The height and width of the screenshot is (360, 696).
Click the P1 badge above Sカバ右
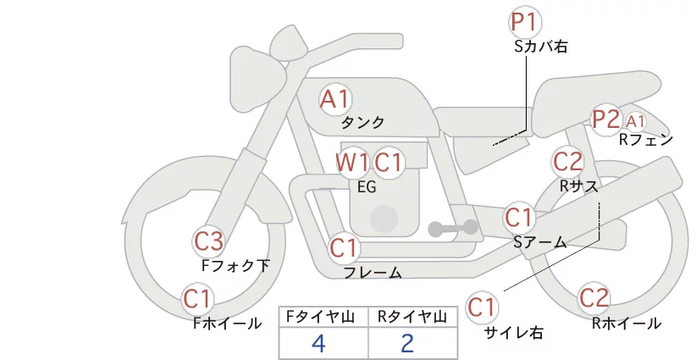click(525, 22)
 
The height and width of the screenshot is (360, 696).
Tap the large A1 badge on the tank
click(335, 99)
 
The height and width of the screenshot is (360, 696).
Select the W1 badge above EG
click(352, 163)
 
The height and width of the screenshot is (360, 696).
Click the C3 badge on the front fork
click(209, 242)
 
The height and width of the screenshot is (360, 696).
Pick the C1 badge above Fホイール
click(197, 299)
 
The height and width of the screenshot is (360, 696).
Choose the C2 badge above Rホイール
click(594, 298)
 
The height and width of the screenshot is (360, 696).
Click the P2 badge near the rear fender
click(606, 119)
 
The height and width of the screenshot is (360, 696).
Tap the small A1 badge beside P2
click(635, 121)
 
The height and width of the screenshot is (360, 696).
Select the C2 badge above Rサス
click(568, 161)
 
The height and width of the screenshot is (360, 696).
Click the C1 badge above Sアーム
click(519, 218)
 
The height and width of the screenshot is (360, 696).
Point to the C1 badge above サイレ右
click(482, 307)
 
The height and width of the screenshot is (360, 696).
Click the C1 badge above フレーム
click(344, 247)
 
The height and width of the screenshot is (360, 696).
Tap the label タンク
click(362, 122)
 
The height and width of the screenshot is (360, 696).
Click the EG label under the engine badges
click(367, 187)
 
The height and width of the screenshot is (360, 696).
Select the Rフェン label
click(646, 140)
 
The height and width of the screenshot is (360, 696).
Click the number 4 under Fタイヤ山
click(318, 344)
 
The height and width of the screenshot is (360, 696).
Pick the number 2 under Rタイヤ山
click(407, 344)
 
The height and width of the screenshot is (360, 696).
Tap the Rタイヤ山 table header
click(412, 317)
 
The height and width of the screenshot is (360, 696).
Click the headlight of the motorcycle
click(258, 75)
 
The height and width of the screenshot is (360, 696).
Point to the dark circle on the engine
click(384, 219)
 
